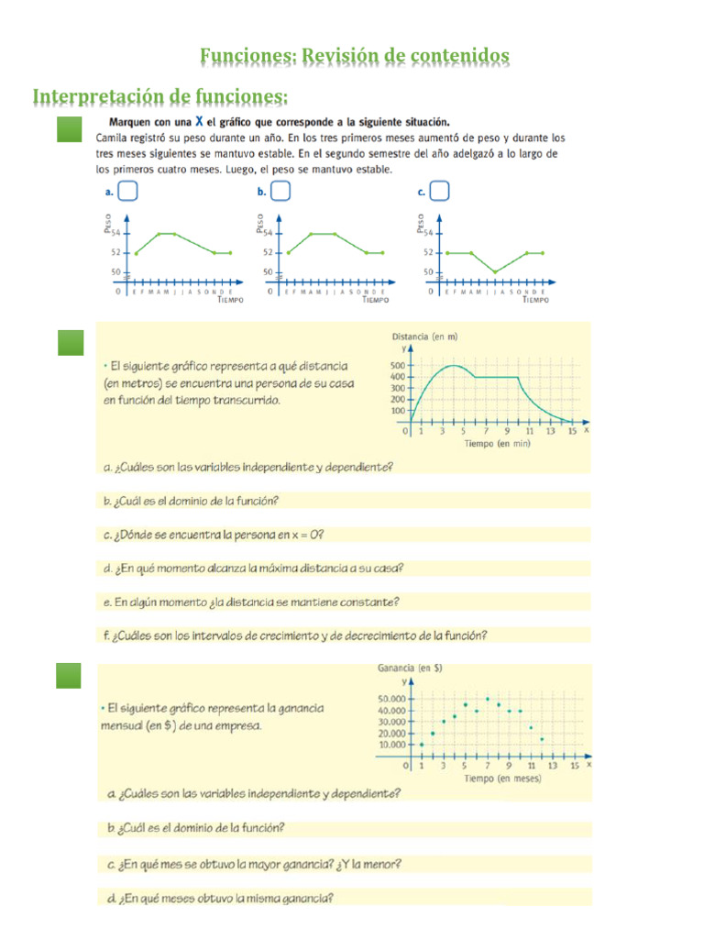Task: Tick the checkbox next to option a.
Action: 128,191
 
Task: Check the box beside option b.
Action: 280,191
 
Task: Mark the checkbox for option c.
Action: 440,191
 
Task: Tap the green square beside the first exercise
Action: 71,129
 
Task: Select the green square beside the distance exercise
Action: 71,342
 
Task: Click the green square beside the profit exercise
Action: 71,676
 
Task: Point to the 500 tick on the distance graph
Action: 397,365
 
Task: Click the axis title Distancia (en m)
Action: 424,337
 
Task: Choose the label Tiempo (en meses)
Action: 502,779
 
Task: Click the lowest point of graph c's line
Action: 495,271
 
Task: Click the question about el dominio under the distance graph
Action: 192,501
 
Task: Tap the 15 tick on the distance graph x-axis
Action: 572,430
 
